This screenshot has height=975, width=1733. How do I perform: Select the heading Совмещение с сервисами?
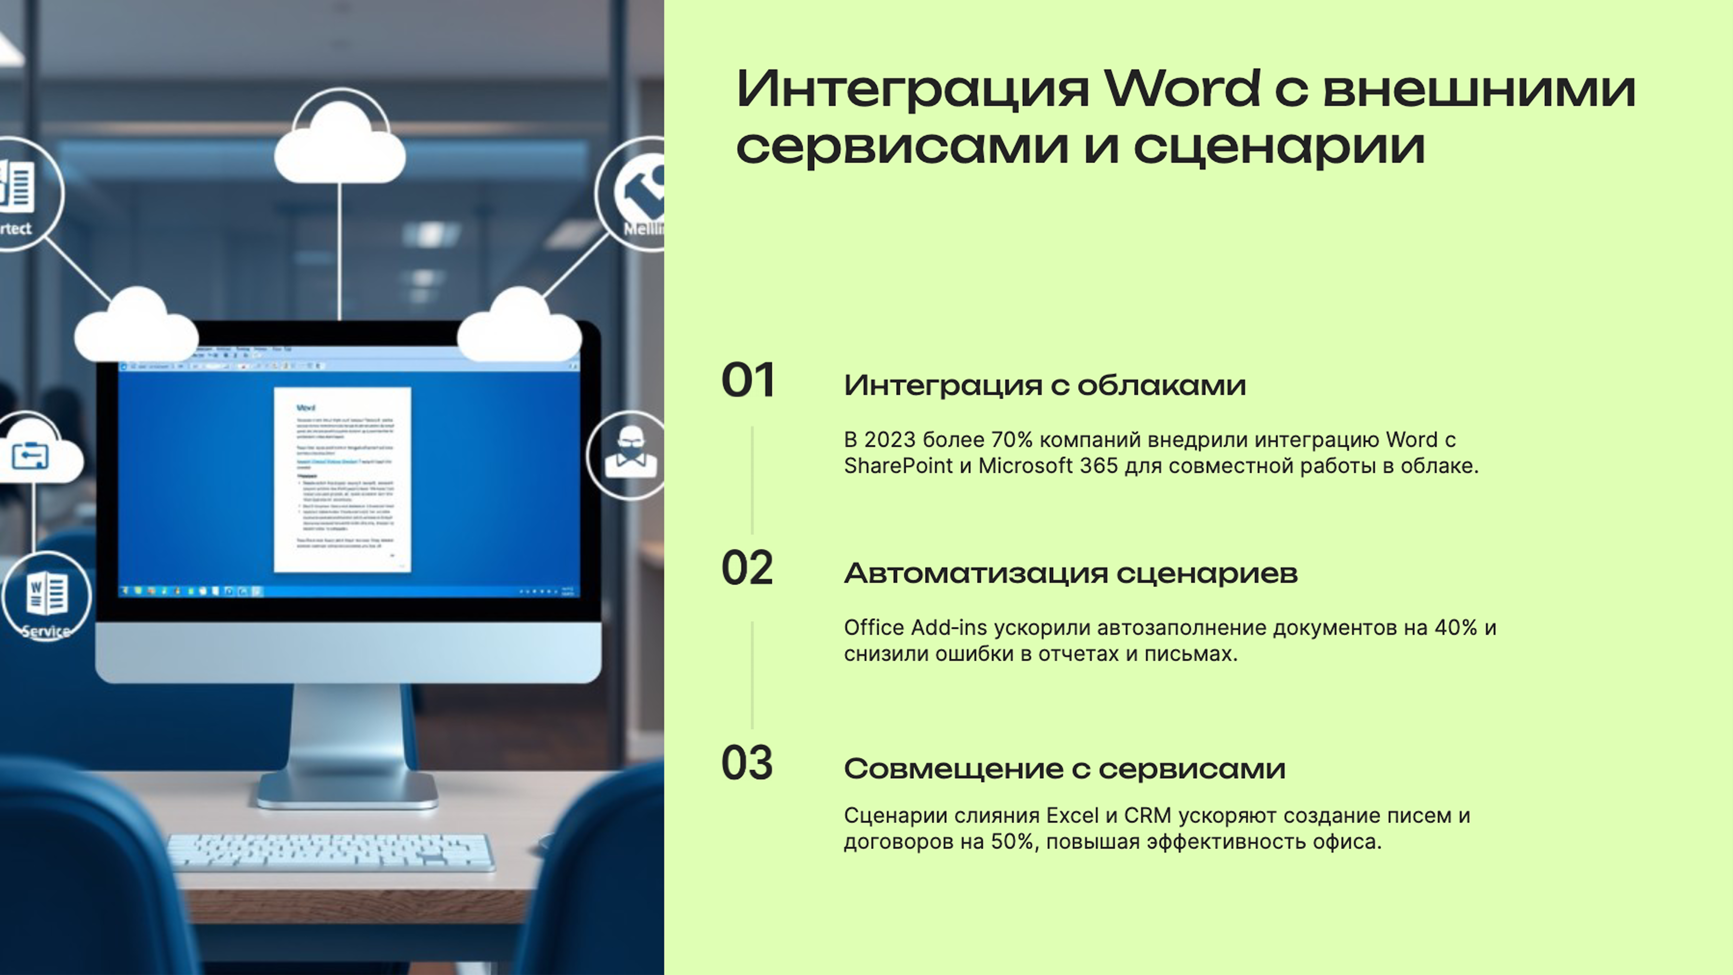click(x=1064, y=768)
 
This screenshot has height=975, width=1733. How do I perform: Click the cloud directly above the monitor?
click(x=340, y=145)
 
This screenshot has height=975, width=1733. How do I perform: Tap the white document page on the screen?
click(x=343, y=479)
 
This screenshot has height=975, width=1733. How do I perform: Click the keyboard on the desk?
click(x=330, y=852)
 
